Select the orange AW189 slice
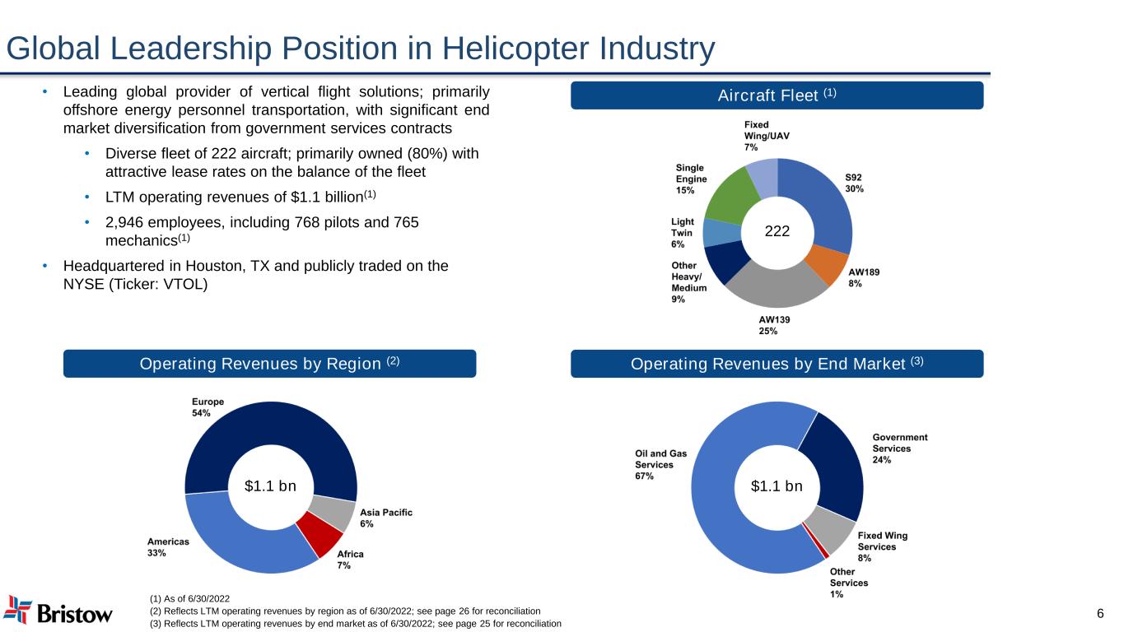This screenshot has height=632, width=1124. [x=827, y=265]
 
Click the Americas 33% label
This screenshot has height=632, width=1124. [x=168, y=547]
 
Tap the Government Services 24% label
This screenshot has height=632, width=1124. [x=899, y=448]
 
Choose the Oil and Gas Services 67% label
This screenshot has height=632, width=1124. [x=660, y=464]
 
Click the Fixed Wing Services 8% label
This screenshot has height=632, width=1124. [x=883, y=546]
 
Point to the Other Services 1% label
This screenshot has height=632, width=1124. [x=848, y=583]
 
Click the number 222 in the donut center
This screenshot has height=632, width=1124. [x=777, y=232]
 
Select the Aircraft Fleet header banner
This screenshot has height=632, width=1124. [x=777, y=95]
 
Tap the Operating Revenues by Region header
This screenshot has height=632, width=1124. [x=269, y=364]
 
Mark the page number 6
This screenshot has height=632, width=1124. [x=1100, y=615]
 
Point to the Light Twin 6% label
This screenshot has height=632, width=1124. [x=683, y=233]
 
